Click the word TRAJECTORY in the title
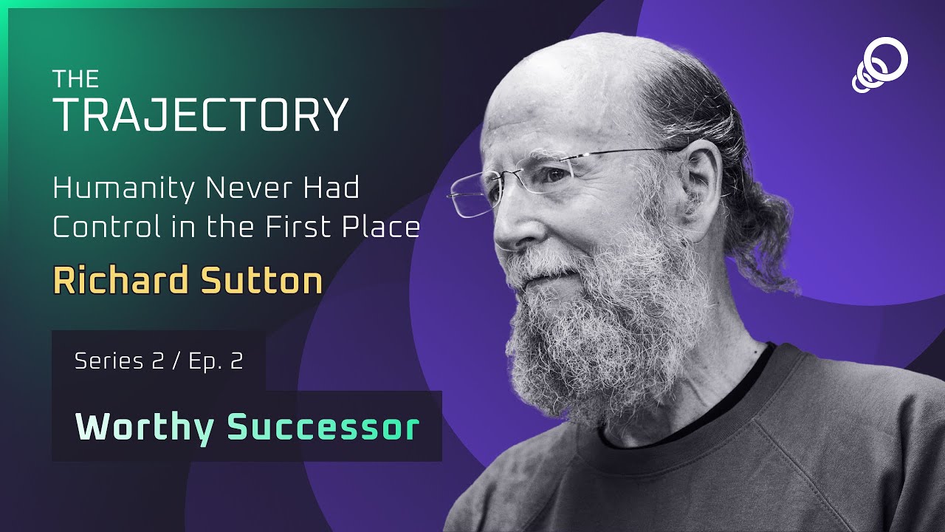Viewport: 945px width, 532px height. pyautogui.click(x=201, y=115)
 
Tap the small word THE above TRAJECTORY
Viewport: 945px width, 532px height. pyautogui.click(x=76, y=79)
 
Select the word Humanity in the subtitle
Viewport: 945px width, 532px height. pyautogui.click(x=123, y=189)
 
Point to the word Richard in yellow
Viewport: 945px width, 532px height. pyautogui.click(x=116, y=282)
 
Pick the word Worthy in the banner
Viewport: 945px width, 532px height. pyautogui.click(x=145, y=427)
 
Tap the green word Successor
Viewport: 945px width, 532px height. pyautogui.click(x=323, y=427)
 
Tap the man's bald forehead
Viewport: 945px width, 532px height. pyautogui.click(x=546, y=103)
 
